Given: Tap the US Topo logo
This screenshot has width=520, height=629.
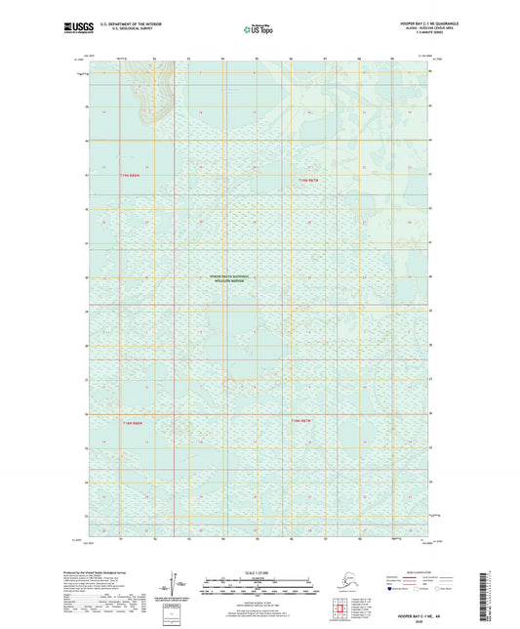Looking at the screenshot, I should (256, 30).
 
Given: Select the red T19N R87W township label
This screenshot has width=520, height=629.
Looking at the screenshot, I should (308, 182).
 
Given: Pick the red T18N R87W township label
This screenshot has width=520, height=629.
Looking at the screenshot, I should (301, 420).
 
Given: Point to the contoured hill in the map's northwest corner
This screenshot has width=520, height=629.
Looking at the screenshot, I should (152, 98).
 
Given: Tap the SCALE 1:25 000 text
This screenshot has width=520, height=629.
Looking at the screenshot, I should (259, 570).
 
